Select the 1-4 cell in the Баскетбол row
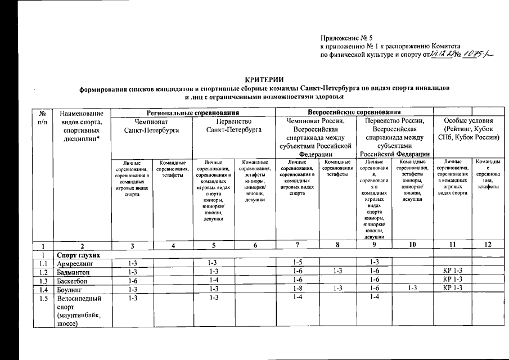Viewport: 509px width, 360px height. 213,280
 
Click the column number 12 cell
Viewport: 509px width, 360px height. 488,246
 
